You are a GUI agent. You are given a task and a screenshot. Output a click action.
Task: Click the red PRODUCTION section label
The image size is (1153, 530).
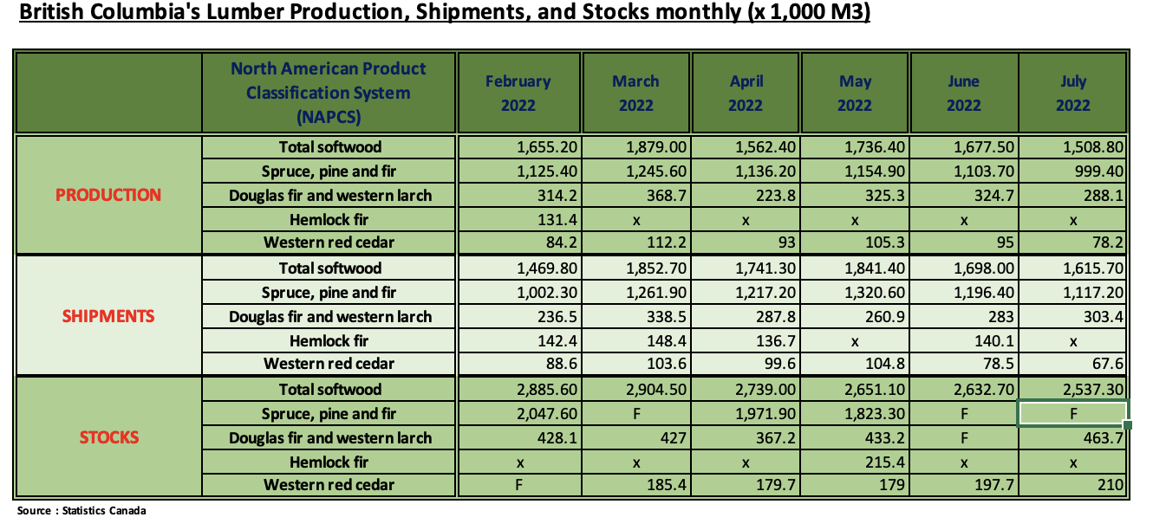(x=108, y=195)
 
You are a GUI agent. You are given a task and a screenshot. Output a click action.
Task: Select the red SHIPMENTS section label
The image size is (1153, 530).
(x=108, y=316)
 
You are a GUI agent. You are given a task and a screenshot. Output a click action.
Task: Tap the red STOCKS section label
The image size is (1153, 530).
(x=108, y=437)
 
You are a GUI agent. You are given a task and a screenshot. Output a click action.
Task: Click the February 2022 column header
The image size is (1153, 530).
(x=518, y=94)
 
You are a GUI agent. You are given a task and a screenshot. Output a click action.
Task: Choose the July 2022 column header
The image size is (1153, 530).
(x=1073, y=94)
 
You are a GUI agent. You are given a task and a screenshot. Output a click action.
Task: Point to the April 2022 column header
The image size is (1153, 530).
(x=746, y=94)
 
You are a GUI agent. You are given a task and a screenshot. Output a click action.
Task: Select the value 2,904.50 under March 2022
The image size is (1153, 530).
(x=657, y=390)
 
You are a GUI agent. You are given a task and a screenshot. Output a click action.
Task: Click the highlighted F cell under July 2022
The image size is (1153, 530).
(x=1073, y=414)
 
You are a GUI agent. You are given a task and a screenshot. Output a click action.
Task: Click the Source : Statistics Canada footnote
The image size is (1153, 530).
(x=82, y=511)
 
